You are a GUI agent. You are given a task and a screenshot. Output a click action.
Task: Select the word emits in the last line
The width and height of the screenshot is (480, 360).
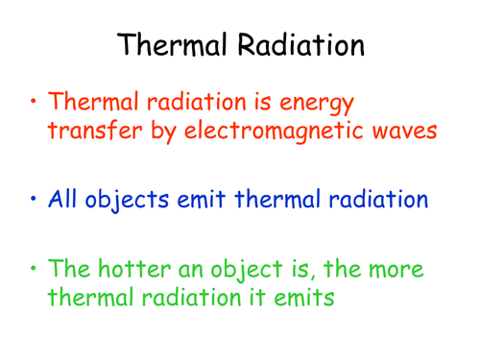(x=299, y=299)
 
